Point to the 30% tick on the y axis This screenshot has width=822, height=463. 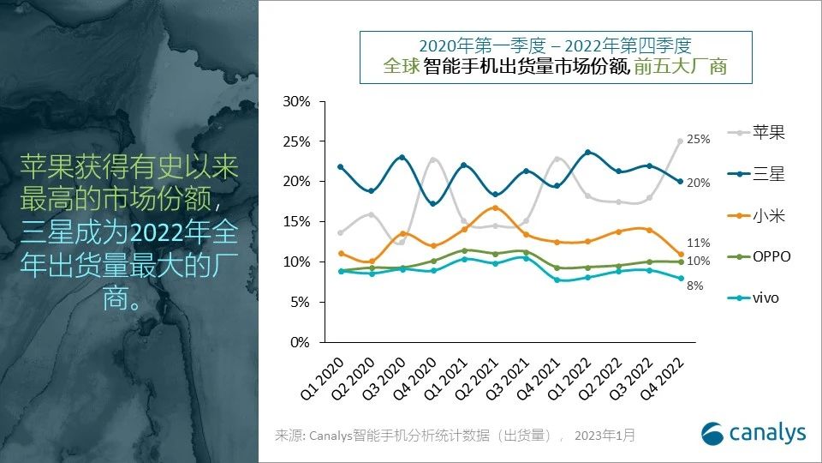pos(297,101)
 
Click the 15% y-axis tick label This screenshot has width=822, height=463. pos(297,221)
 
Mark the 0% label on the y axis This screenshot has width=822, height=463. pos(301,342)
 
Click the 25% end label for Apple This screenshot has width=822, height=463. pos(699,140)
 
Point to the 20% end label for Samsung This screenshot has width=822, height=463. pos(699,183)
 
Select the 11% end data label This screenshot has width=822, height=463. pos(699,244)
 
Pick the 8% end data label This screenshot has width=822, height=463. pos(695,286)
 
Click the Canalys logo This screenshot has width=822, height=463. pos(753,434)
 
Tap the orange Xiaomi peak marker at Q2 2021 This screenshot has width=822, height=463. pos(495,208)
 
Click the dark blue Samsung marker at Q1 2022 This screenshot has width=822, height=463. pos(587,153)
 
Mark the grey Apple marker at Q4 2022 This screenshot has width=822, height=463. pos(681,141)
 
